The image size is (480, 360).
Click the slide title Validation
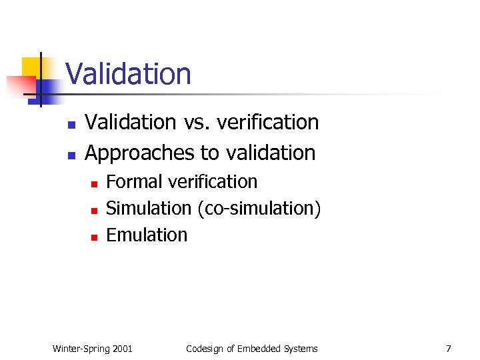[128, 74]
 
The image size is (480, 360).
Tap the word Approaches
[140, 153]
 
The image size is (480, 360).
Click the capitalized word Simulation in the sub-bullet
[149, 209]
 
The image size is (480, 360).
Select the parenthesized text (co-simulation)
[259, 209]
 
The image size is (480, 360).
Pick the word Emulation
[147, 235]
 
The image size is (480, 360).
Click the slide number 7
[449, 349]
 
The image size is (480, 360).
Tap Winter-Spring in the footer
[81, 349]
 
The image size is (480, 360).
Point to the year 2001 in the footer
[123, 349]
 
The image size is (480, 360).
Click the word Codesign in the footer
[203, 349]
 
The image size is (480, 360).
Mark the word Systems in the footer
[301, 349]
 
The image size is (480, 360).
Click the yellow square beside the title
[32, 67]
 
